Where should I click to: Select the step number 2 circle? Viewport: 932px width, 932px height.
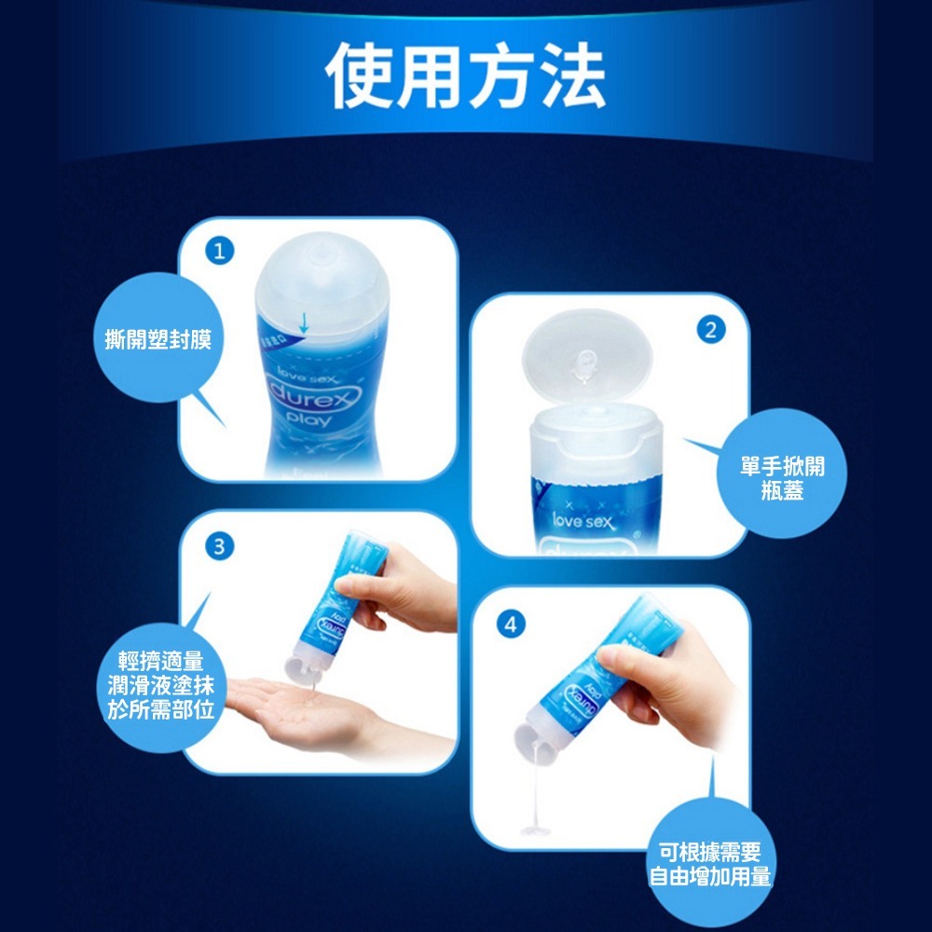click(711, 330)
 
